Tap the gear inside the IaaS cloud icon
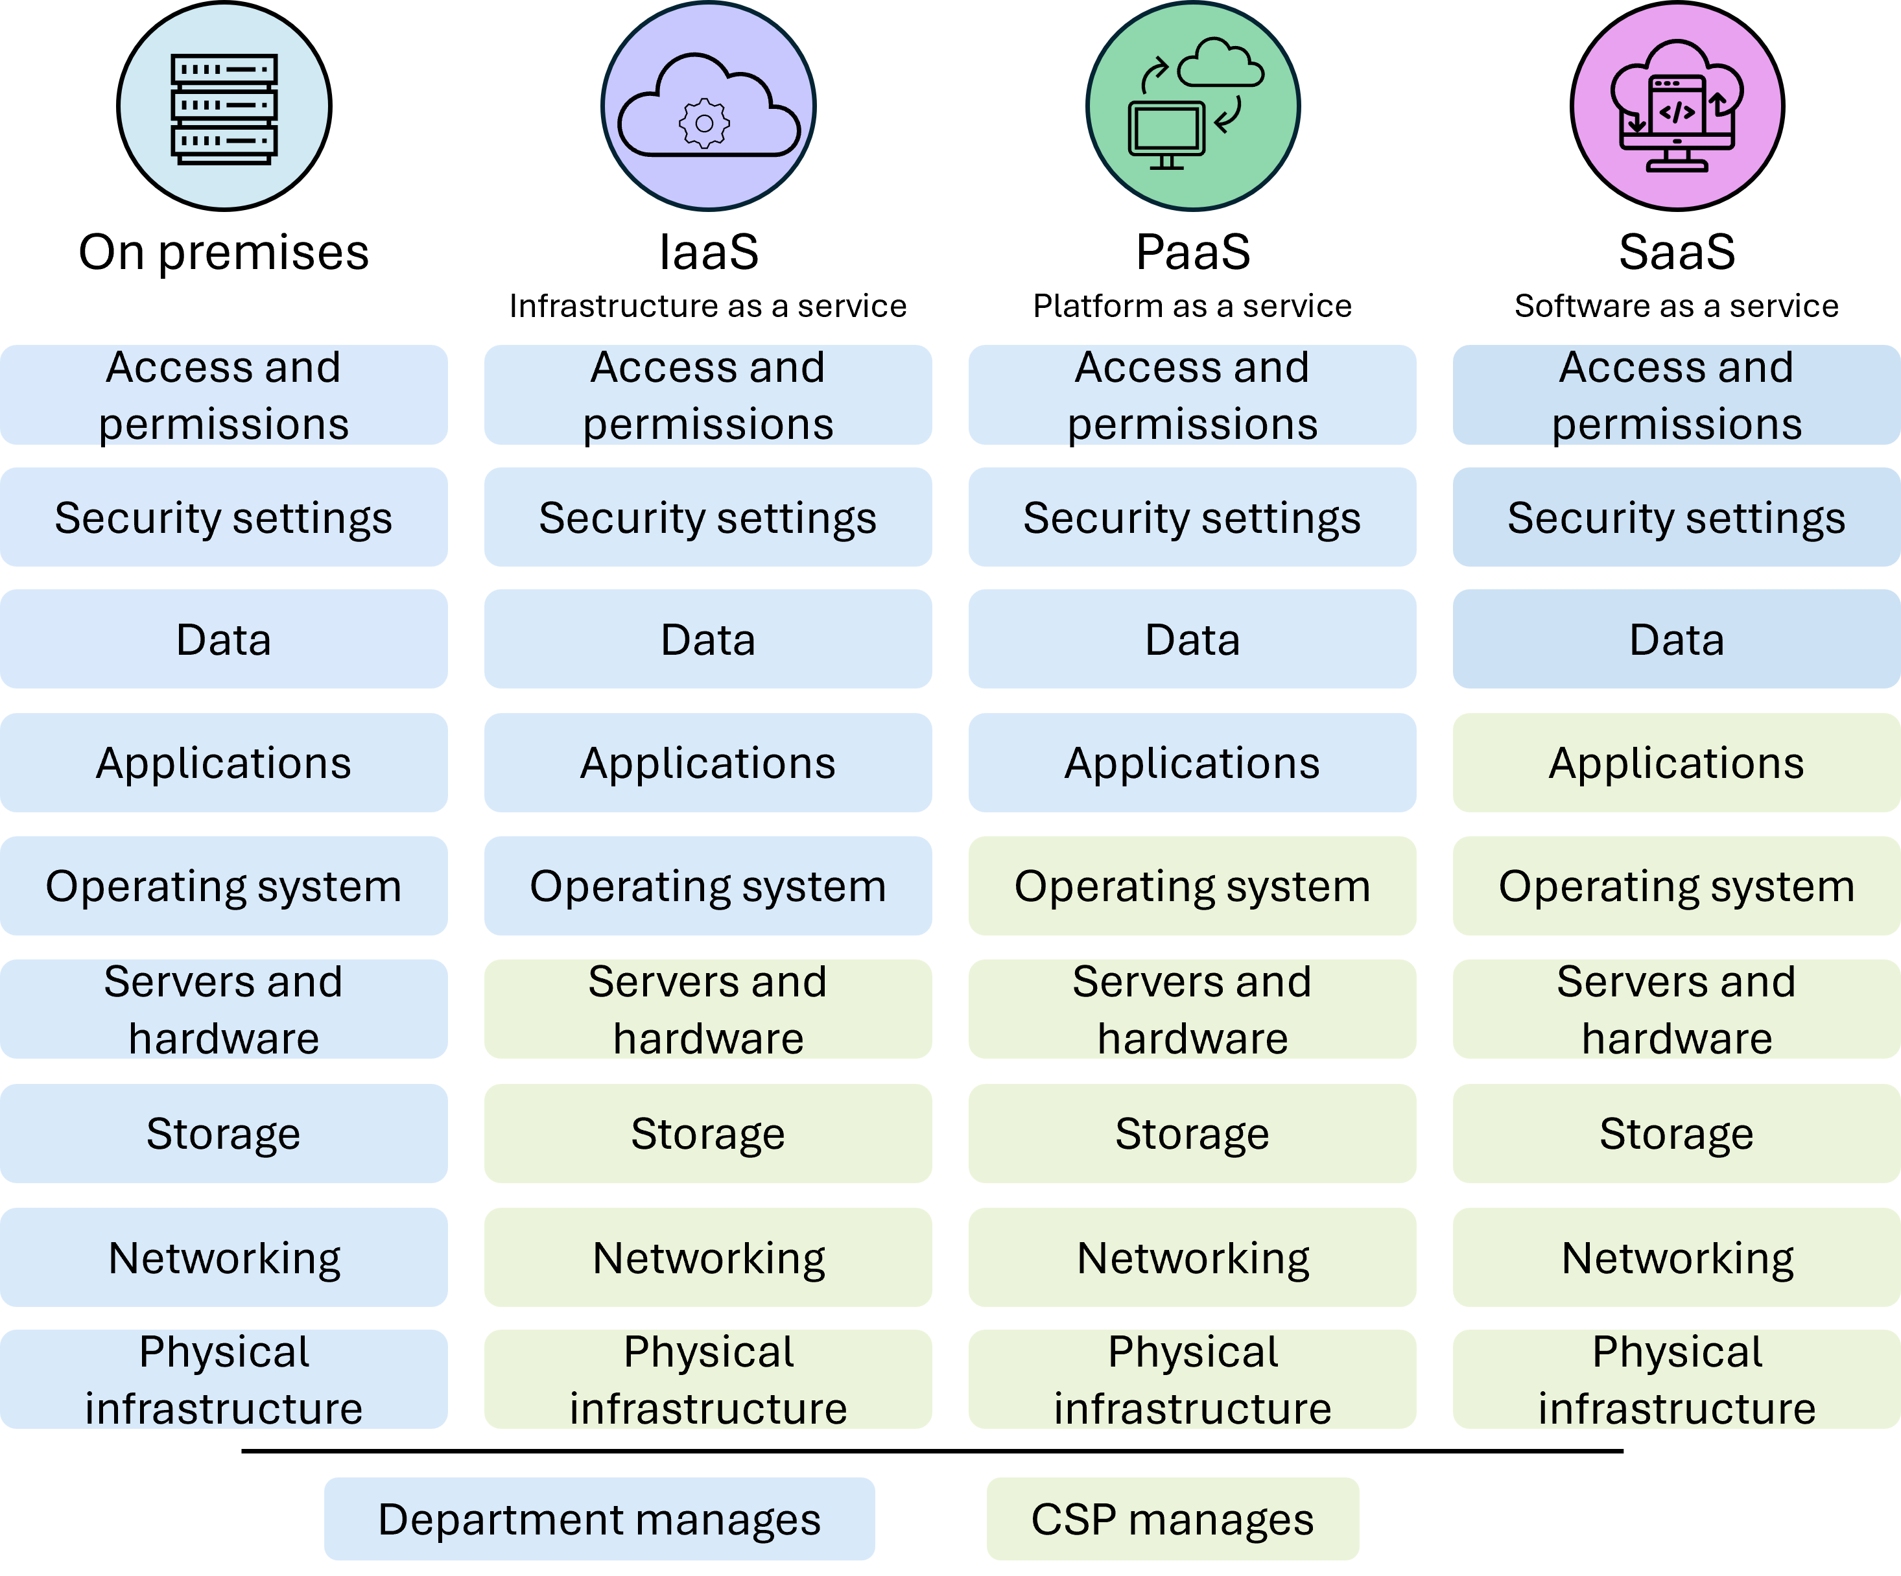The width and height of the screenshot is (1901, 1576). pos(704,123)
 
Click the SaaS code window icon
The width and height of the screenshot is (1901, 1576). pos(1677,106)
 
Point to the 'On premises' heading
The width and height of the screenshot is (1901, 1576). pos(224,253)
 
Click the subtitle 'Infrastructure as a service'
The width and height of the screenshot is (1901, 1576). pos(708,306)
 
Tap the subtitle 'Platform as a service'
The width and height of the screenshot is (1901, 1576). pos(1192,306)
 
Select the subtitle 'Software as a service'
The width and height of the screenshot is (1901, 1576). pos(1677,306)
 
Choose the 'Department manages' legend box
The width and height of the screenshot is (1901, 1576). pos(599,1519)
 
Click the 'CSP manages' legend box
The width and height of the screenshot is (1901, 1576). pos(1172,1519)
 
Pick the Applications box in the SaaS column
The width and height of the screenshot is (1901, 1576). pos(1677,763)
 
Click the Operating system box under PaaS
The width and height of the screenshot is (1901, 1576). pos(1192,886)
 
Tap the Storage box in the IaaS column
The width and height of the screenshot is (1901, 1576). pos(708,1133)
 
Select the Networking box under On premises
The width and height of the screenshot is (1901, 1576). pos(224,1257)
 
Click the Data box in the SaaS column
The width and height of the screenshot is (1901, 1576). pos(1677,639)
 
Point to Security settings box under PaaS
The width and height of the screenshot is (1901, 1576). pos(1192,517)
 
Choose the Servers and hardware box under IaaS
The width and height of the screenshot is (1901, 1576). pos(708,1009)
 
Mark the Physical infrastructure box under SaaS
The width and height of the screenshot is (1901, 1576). pos(1677,1380)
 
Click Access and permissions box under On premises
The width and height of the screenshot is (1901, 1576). pos(224,395)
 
